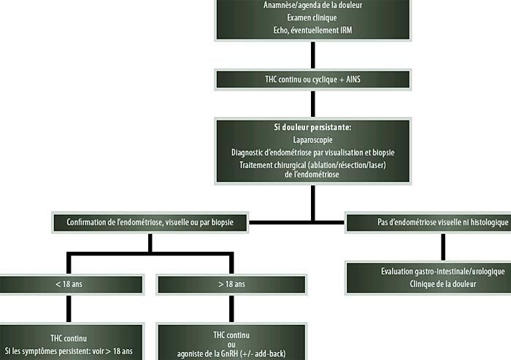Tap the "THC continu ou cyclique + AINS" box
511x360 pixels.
coord(312,78)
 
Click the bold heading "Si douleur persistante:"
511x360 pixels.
coord(312,126)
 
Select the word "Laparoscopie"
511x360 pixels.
coord(312,139)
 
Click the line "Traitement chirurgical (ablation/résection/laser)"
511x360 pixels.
coord(312,166)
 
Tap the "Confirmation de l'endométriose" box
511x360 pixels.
coord(150,222)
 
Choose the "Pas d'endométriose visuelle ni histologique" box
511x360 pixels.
coord(427,222)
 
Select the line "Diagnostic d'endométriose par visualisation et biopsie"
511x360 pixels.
coord(312,152)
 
